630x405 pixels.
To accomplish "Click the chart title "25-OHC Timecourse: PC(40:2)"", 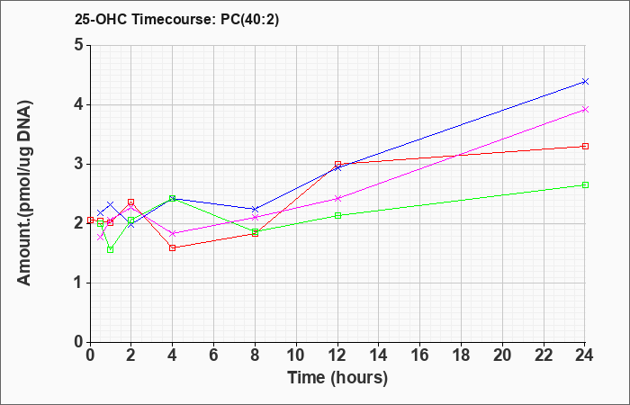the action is (x=176, y=20).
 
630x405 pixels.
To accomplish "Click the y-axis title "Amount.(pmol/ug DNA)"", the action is (x=24, y=193).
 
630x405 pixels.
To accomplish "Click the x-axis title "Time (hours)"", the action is (x=337, y=378).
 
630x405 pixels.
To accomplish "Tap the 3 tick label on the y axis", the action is (x=79, y=164).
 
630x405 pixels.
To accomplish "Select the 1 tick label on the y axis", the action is (x=79, y=283).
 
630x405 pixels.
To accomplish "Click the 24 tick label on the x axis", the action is (x=585, y=355).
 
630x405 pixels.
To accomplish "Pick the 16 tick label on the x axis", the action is (x=420, y=355).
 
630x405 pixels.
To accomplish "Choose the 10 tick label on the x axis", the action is (x=296, y=355).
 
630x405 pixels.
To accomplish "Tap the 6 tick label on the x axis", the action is (x=214, y=355).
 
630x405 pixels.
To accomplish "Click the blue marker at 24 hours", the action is (x=585, y=82).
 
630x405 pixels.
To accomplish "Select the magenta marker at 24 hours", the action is (x=585, y=109).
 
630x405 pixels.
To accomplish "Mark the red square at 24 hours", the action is (x=585, y=146).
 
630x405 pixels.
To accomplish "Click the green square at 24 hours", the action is (x=585, y=184).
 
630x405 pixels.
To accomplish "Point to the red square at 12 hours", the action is (x=337, y=165).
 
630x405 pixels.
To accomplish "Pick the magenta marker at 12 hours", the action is (x=337, y=199).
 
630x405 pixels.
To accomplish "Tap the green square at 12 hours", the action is (x=337, y=215).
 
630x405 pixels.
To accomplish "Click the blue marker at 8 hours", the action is (x=255, y=209).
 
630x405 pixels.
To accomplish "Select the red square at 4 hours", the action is (x=173, y=247).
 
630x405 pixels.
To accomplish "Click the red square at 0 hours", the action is (x=90, y=220).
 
